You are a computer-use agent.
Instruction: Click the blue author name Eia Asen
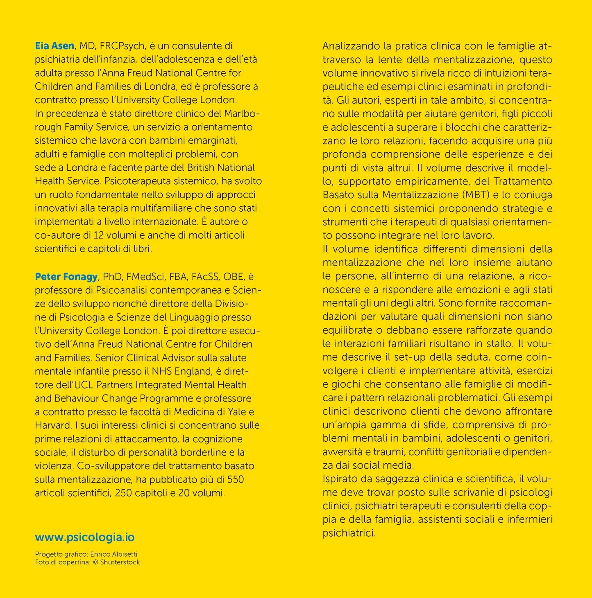coord(54,46)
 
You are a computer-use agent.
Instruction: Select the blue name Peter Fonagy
coord(66,277)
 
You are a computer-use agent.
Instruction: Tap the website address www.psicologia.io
coord(85,537)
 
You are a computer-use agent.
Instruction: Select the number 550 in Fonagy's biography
coord(236,479)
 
